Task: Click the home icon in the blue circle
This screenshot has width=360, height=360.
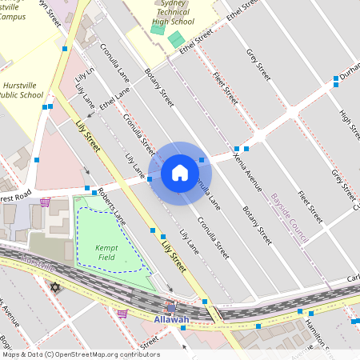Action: coord(180,172)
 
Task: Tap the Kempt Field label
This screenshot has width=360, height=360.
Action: coord(107,252)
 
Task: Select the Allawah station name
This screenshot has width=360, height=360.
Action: coord(170,320)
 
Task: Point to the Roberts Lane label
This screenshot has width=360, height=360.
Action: coord(111,205)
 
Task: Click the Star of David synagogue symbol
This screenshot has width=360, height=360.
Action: coord(55,286)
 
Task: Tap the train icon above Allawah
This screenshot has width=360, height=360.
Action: coord(171,306)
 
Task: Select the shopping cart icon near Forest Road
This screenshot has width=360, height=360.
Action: coord(45,202)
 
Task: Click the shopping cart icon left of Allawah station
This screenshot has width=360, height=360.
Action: coord(122,313)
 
